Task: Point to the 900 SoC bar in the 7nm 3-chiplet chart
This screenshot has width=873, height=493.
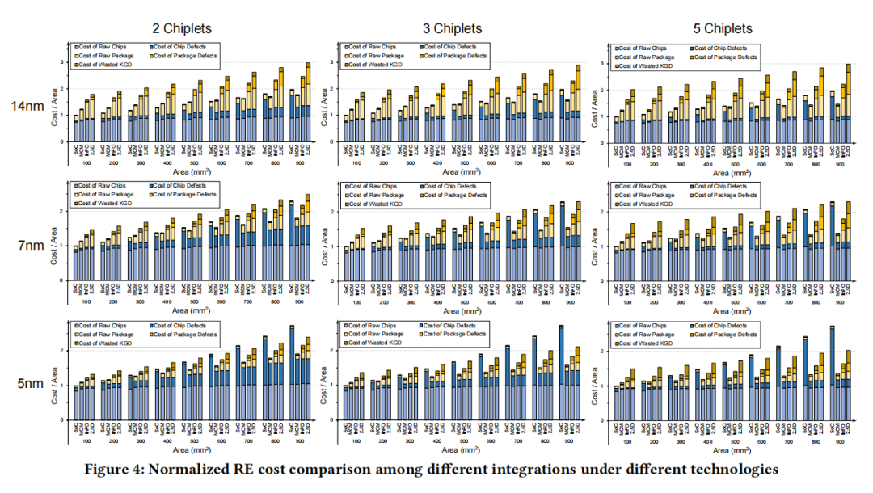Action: click(x=561, y=242)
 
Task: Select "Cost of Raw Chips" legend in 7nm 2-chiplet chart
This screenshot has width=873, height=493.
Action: click(x=103, y=187)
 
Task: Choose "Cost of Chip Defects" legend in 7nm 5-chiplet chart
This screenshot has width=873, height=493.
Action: click(x=723, y=187)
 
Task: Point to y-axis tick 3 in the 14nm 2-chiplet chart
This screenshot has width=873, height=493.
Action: click(x=63, y=62)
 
